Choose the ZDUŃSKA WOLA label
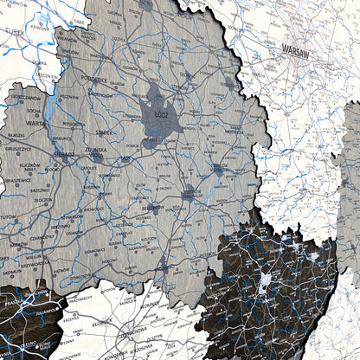(95, 150)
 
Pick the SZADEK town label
(103, 132)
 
